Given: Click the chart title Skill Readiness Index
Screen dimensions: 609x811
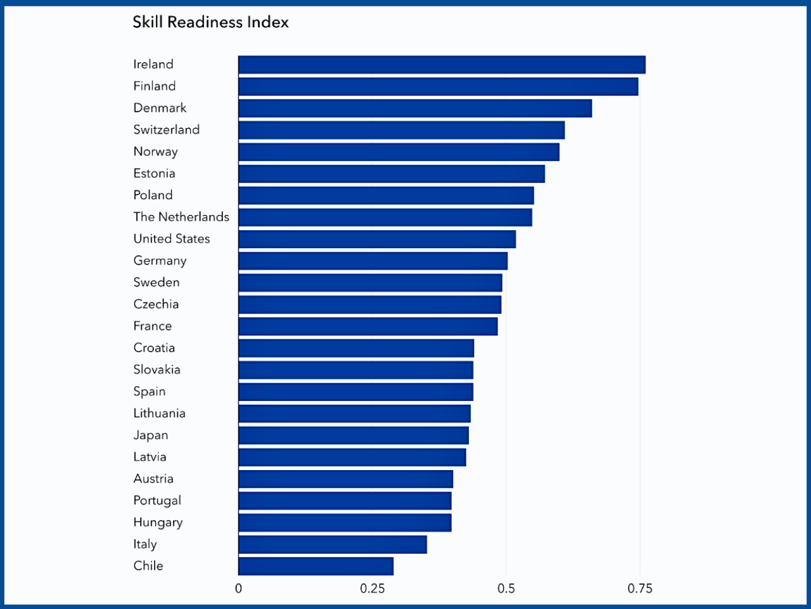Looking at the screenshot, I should pyautogui.click(x=210, y=22).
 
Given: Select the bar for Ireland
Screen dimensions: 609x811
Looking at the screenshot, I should pyautogui.click(x=442, y=65).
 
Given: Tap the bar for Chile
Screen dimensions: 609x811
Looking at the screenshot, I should pyautogui.click(x=316, y=566).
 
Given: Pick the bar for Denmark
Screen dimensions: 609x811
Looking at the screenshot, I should pyautogui.click(x=415, y=108).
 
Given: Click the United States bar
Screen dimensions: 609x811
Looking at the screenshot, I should pyautogui.click(x=377, y=239).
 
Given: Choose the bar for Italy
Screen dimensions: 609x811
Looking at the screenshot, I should pyautogui.click(x=333, y=544).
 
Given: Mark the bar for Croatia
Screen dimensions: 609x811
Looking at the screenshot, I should pyautogui.click(x=356, y=348).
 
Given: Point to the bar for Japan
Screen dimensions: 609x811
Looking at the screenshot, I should pyautogui.click(x=354, y=435).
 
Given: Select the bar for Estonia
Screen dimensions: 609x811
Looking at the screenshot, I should pyautogui.click(x=392, y=174).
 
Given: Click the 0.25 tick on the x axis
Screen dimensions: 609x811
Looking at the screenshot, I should pyautogui.click(x=372, y=589).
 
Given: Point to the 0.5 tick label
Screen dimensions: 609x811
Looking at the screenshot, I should pyautogui.click(x=506, y=589).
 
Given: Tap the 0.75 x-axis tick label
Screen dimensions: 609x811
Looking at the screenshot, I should pyautogui.click(x=640, y=589).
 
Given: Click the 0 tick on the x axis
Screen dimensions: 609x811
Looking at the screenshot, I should pyautogui.click(x=238, y=589).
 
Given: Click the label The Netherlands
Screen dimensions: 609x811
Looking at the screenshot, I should pyautogui.click(x=181, y=217).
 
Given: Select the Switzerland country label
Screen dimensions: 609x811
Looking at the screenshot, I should pyautogui.click(x=166, y=130).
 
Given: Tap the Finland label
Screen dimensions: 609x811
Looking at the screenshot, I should pyautogui.click(x=154, y=86).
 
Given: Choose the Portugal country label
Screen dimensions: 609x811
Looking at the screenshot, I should pyautogui.click(x=157, y=501).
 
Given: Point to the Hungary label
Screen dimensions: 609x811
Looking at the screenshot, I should pyautogui.click(x=158, y=523).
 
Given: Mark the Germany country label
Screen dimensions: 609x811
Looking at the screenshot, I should pyautogui.click(x=160, y=261).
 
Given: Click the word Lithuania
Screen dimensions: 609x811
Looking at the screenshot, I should pyautogui.click(x=159, y=414).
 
